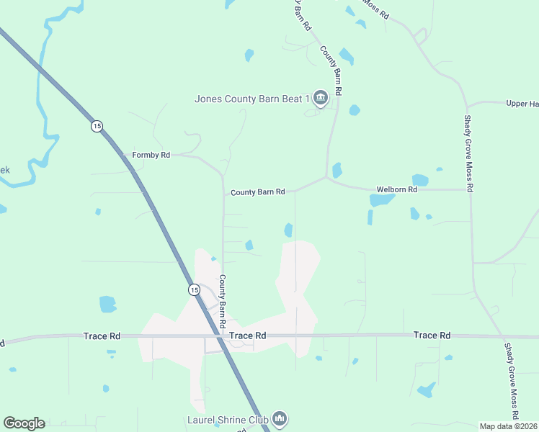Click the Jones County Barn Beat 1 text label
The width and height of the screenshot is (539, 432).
pos(251,99)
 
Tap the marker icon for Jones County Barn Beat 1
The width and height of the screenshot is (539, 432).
pos(320,97)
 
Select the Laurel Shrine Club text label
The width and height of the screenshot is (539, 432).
pos(228,418)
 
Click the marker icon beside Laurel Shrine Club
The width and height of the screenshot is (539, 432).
pos(280,418)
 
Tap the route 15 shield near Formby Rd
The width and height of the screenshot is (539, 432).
pos(97,126)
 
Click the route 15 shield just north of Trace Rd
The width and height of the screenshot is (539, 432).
pos(194,289)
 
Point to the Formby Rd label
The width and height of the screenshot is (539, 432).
pos(151,155)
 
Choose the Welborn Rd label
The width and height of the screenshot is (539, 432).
pos(397,189)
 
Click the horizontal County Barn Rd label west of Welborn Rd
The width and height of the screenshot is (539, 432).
pos(258,192)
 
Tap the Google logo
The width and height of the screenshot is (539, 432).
pos(24,423)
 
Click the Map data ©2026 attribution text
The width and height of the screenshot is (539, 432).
pos(509,426)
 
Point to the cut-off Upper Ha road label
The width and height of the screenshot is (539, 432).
pos(522,104)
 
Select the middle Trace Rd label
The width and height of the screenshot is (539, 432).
pos(248,336)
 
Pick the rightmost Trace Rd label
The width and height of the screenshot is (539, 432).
pos(432,336)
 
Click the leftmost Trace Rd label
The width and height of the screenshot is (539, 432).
pos(102,336)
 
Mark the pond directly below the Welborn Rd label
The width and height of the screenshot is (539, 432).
pos(381,200)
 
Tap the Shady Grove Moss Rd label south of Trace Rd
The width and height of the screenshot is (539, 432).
pos(509,382)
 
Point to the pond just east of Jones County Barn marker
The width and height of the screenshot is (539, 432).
pos(354,110)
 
